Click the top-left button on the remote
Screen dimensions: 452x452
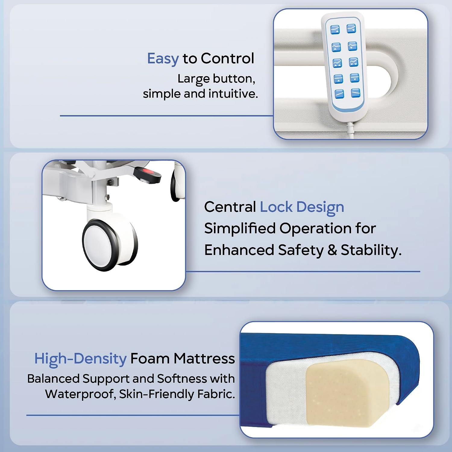coord(335,30)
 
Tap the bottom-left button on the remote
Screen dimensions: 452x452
coord(339,94)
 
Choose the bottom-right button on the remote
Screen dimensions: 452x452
coord(356,93)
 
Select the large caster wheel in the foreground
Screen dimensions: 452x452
coord(110,241)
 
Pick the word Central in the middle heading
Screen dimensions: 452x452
coord(230,207)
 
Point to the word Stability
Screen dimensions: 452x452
coord(371,250)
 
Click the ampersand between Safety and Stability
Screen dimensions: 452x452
coord(332,250)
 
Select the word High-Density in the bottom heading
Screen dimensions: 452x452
coord(80,359)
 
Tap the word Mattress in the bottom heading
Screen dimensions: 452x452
coord(204,359)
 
